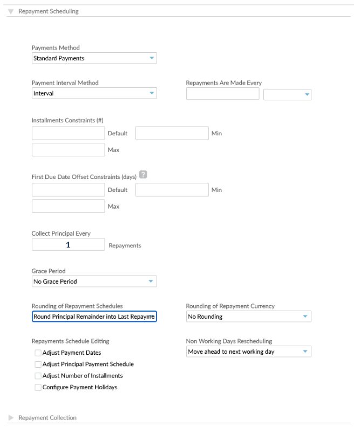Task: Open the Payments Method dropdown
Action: coord(94,58)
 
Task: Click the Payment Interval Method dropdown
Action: coord(94,93)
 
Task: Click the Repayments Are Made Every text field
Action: coord(222,94)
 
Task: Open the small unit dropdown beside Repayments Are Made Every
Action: coord(287,94)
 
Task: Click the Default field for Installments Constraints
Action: coord(68,133)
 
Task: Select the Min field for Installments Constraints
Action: coord(172,133)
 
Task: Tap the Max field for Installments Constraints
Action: coord(68,149)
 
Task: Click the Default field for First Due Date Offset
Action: coord(68,190)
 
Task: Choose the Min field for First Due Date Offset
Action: coord(172,190)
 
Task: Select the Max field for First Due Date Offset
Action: coord(68,206)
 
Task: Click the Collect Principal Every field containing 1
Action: coord(68,245)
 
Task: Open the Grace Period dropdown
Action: coord(94,281)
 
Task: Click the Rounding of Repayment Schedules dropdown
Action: coord(94,316)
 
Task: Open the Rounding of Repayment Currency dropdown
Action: coord(248,316)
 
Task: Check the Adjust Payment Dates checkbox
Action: coord(38,353)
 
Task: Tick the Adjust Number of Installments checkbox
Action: coord(38,375)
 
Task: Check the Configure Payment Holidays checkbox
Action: coord(38,387)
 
